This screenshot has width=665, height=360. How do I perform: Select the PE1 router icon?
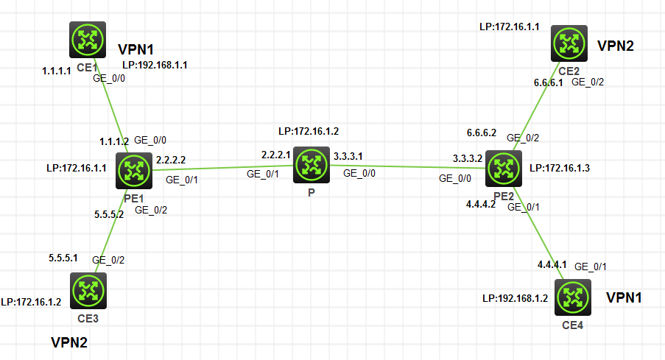[x=134, y=171]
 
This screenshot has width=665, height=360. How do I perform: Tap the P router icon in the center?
[x=310, y=165]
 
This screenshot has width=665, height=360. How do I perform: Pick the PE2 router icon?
[x=504, y=168]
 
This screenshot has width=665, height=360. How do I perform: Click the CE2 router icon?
[x=569, y=45]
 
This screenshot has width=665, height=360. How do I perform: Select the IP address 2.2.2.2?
[x=172, y=160]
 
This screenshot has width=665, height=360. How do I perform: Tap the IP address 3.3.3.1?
[x=348, y=157]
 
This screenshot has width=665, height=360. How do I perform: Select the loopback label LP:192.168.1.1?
[x=155, y=65]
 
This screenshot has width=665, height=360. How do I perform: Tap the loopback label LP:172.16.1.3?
[x=560, y=168]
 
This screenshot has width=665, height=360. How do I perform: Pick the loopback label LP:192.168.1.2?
[x=513, y=299]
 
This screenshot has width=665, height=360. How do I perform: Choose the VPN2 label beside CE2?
[x=616, y=46]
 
